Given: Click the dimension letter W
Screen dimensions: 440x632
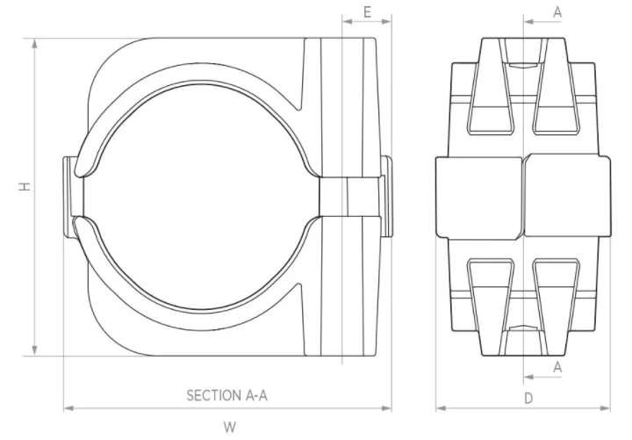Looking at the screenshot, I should pyautogui.click(x=229, y=427).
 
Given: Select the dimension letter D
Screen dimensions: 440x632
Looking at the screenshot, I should pyautogui.click(x=528, y=398).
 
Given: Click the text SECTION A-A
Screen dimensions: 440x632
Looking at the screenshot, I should pyautogui.click(x=226, y=396).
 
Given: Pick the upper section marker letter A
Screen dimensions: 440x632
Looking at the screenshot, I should pyautogui.click(x=557, y=11).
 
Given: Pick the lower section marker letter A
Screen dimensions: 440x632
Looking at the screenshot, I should pyautogui.click(x=557, y=367).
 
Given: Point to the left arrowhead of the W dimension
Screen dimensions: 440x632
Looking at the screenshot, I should pyautogui.click(x=68, y=408).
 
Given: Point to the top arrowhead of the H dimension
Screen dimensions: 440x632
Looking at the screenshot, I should pyautogui.click(x=35, y=42).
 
